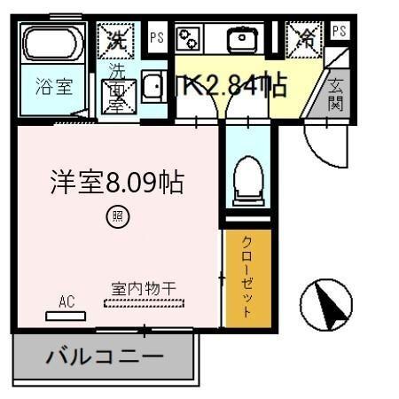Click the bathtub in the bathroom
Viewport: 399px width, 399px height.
(52, 45)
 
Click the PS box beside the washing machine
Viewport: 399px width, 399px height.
(157, 37)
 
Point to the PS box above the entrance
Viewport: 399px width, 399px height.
(339, 30)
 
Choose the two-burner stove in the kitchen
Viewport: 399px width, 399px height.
(189, 37)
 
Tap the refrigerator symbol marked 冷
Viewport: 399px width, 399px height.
(303, 39)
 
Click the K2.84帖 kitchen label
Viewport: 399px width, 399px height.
(235, 86)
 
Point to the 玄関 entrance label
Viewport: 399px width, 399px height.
(337, 95)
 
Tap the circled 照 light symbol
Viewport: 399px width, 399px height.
(116, 215)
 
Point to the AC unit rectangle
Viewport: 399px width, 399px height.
(66, 315)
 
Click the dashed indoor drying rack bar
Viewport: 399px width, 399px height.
(145, 303)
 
